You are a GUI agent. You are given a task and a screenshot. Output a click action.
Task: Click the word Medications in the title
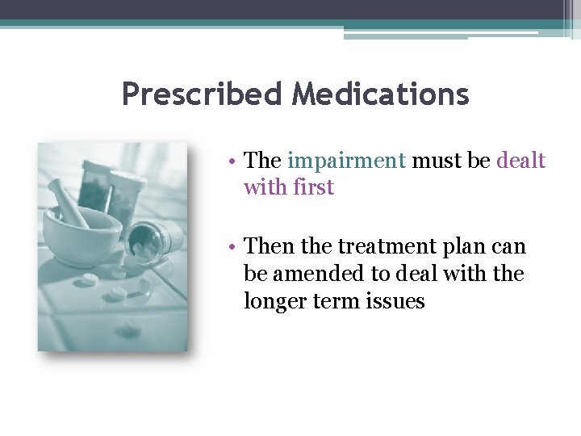click(x=380, y=95)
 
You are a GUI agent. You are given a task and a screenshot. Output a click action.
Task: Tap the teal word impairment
click(x=347, y=161)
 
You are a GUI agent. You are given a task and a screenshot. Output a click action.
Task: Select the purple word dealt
click(x=520, y=161)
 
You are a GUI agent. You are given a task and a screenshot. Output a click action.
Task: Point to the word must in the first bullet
click(x=437, y=161)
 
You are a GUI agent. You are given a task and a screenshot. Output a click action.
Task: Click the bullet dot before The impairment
click(x=231, y=161)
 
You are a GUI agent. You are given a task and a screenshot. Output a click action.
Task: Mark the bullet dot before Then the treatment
click(x=231, y=246)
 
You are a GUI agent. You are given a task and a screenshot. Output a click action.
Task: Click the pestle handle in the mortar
click(x=68, y=203)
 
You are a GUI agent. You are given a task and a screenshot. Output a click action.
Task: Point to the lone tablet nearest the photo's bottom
click(x=127, y=329)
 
